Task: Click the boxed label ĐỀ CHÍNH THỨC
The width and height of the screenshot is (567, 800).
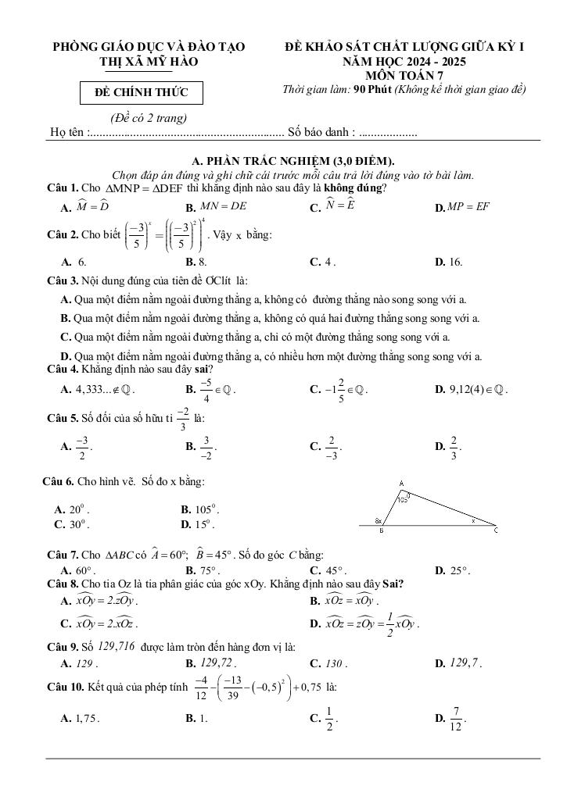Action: coord(142,93)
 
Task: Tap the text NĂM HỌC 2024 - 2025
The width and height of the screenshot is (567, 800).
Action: coord(404,61)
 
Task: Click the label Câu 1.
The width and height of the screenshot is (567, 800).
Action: coord(63,188)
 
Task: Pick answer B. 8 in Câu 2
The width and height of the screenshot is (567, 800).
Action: coord(196,262)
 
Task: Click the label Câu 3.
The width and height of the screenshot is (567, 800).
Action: coord(63,280)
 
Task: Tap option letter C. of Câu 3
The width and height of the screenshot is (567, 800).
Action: coord(66,337)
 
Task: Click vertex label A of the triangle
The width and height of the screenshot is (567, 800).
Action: coord(401,483)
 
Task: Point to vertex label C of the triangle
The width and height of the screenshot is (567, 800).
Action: coord(496,530)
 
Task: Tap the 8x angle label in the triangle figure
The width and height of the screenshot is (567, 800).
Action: coord(378,520)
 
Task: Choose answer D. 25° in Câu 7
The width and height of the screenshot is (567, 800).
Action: coord(452,570)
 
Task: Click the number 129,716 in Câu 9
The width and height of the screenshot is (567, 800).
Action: coord(117,647)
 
